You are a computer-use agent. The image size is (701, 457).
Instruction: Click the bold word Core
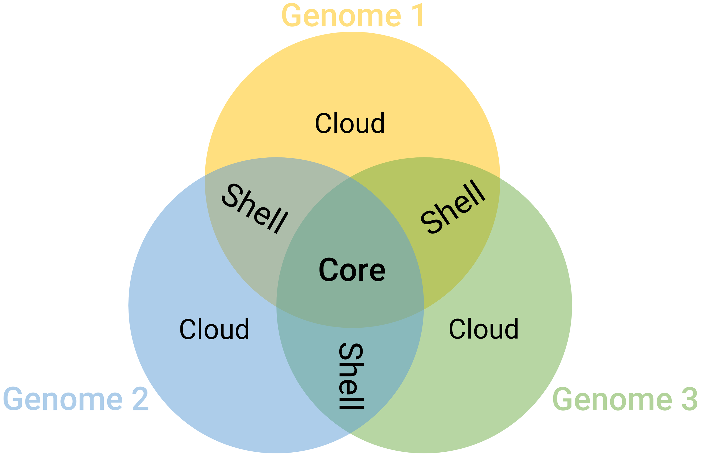352,269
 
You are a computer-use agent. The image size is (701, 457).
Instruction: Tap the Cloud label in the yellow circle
350,123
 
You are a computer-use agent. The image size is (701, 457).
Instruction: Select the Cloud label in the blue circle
214,329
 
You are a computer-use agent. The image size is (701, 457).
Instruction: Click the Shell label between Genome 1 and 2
255,208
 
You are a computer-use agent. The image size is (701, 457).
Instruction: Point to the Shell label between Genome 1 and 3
453,207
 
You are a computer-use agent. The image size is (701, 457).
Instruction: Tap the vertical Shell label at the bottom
351,376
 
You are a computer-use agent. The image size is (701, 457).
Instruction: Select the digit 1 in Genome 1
418,15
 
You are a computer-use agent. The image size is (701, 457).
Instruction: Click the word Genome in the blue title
63,399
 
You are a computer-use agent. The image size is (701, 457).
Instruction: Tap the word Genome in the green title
612,399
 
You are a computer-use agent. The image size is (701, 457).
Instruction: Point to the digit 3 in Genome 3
690,399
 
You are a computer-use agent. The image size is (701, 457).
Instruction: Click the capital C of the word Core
328,269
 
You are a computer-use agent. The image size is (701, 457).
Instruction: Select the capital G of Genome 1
292,15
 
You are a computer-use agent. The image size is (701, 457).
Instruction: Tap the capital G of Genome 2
13,399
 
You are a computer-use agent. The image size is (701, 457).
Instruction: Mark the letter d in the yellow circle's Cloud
378,123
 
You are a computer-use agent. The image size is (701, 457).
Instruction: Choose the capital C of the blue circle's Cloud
188,329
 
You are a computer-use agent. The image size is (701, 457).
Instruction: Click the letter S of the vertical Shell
351,351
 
